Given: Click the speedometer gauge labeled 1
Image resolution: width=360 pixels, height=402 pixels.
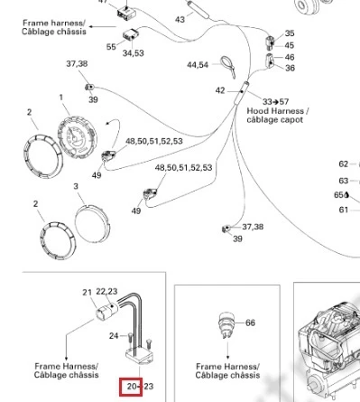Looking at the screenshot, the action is tap(78, 137).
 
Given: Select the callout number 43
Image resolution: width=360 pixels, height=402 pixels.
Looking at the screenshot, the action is tap(180, 20).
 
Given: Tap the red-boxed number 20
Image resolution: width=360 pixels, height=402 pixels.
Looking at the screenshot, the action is tap(131, 387).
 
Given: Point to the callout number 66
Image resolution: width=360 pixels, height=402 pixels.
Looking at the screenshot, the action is tap(250, 323).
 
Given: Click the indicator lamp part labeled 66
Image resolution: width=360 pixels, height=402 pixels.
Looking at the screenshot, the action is tap(226, 325).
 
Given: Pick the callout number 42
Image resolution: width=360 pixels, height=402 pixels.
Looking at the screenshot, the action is tap(220, 90).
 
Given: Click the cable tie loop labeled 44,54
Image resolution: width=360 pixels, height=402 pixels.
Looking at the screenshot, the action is tap(228, 67).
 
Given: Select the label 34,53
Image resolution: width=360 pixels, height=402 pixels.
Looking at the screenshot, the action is tap(134, 53).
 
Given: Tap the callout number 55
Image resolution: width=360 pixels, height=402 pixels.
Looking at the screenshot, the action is tap(111, 47).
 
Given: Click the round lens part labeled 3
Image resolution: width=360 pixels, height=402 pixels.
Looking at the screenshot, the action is tap(92, 224).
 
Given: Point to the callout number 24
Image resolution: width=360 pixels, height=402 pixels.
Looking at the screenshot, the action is tap(114, 336).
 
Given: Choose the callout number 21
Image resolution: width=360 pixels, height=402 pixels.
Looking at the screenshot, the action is tap(87, 293).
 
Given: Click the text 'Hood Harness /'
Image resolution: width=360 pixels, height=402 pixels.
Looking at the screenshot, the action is tap(278, 111).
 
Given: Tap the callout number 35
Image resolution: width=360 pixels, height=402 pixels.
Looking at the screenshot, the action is tap(290, 33).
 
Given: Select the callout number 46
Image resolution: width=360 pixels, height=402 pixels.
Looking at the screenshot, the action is tap(290, 57).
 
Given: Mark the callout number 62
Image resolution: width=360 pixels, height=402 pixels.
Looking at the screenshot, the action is tap(344, 164).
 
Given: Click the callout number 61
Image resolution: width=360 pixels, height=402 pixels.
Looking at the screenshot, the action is tap(344, 210).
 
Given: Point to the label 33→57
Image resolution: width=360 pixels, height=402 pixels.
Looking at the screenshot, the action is tap(275, 102).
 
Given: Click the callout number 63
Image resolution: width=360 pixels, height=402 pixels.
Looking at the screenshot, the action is tap(344, 181).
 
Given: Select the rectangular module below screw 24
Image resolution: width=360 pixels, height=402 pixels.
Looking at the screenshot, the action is tap(140, 356).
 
